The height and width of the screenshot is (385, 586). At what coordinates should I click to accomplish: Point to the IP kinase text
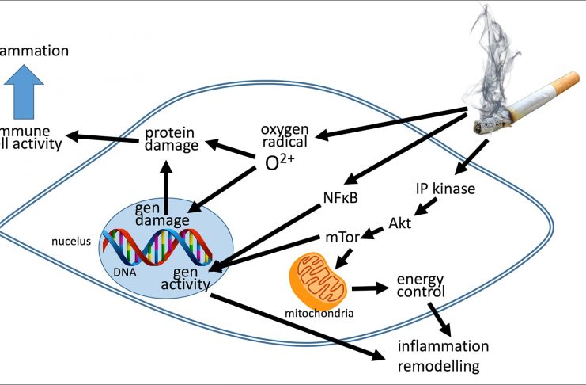448,189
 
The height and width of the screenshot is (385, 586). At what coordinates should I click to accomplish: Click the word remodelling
438,365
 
